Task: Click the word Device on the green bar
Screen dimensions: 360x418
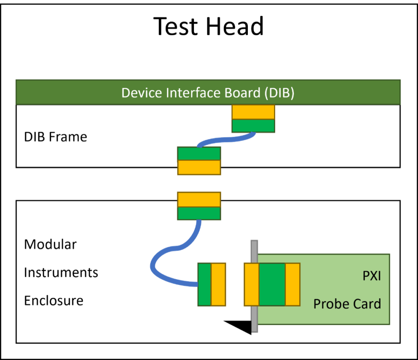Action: [142, 93]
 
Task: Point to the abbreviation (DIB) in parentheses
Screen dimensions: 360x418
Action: [279, 93]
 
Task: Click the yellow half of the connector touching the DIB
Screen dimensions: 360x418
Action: [253, 112]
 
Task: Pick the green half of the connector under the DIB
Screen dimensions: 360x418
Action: [253, 126]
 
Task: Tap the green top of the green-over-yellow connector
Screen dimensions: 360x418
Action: [199, 153]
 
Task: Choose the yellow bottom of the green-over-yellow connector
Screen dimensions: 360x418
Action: [199, 167]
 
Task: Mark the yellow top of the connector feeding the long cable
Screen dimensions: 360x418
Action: [199, 199]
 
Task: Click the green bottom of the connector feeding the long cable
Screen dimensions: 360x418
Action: [199, 213]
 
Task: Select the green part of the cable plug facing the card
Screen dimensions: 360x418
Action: [204, 284]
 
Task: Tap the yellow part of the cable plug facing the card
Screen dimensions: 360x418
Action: [218, 284]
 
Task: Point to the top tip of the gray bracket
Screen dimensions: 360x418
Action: [254, 242]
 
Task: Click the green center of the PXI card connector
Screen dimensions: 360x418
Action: [272, 284]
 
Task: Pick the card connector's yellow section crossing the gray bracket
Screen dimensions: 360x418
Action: [251, 284]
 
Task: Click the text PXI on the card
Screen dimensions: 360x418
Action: [371, 276]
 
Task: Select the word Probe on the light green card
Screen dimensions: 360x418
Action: [329, 304]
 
